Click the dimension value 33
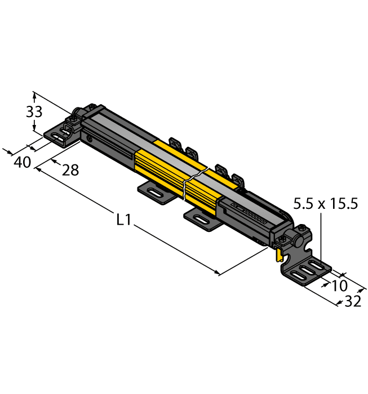coord(34,111)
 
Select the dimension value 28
coord(70,169)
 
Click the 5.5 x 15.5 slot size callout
coord(325,204)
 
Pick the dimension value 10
coord(339,285)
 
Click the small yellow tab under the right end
coord(279,254)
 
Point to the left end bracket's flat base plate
coord(58,137)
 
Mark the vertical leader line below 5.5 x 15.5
coord(321,236)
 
